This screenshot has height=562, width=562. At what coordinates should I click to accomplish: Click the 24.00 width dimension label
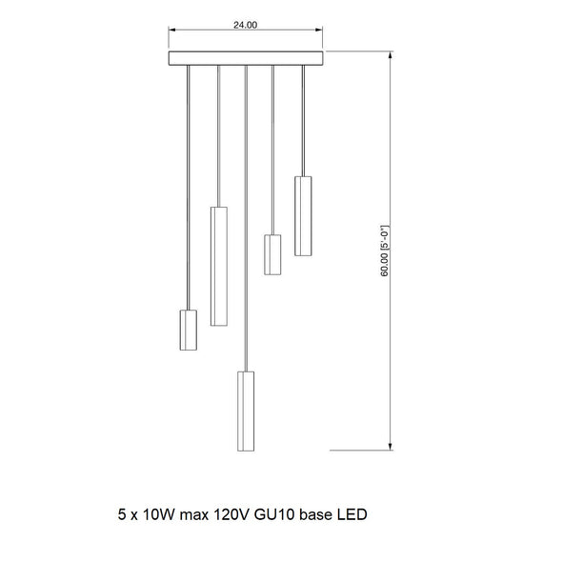(245, 25)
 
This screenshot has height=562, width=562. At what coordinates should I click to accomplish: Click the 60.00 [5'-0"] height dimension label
(385, 251)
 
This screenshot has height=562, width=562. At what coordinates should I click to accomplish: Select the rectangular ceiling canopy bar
(246, 58)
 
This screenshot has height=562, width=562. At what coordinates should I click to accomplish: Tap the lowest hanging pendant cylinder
(246, 411)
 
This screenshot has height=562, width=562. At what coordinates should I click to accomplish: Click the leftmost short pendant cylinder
(189, 330)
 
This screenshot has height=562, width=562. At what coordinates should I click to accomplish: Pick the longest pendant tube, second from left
(219, 267)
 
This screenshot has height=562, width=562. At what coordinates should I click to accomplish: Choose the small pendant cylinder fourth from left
(272, 254)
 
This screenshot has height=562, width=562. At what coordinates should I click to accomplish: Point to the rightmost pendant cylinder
(303, 216)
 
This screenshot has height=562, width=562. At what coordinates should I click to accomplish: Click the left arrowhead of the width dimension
(172, 30)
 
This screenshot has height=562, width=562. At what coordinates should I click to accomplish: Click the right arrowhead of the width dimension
(319, 30)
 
